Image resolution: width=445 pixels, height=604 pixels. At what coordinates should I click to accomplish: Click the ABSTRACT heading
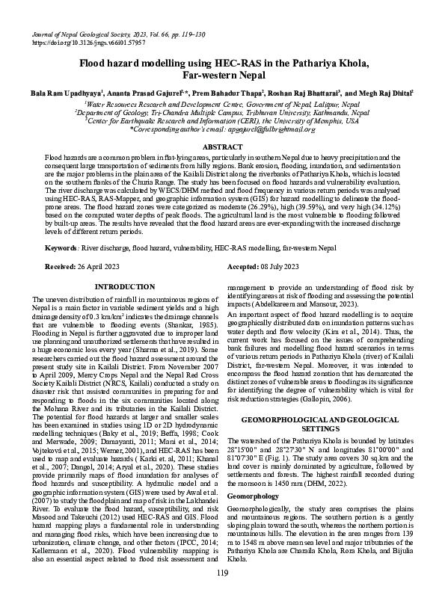[x=222, y=147]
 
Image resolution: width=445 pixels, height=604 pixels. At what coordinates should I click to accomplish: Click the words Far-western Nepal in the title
[x=223, y=76]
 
